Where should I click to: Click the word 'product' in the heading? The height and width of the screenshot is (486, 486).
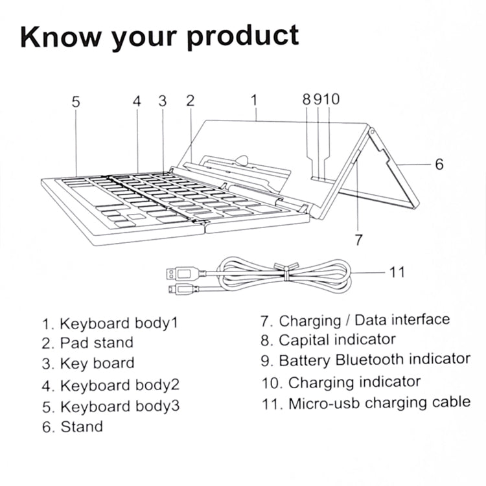(x=243, y=38)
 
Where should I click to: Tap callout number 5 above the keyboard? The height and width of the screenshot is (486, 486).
(x=76, y=101)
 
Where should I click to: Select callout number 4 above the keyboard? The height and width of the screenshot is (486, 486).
(x=137, y=101)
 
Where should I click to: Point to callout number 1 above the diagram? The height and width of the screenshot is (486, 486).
(x=255, y=100)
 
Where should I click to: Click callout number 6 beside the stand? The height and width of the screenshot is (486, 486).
(x=439, y=165)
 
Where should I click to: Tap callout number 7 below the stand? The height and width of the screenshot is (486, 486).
(x=359, y=239)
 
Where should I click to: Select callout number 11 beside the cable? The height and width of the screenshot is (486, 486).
(x=397, y=272)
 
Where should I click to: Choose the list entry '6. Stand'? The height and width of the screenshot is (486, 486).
(x=72, y=426)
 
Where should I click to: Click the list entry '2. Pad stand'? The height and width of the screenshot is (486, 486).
(x=87, y=342)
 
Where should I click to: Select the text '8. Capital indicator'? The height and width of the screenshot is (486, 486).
(x=328, y=340)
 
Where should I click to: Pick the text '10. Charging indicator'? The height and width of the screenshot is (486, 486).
(x=341, y=382)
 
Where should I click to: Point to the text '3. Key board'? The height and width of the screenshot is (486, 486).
(x=88, y=363)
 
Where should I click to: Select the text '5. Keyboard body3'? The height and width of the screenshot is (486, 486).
(x=111, y=406)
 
